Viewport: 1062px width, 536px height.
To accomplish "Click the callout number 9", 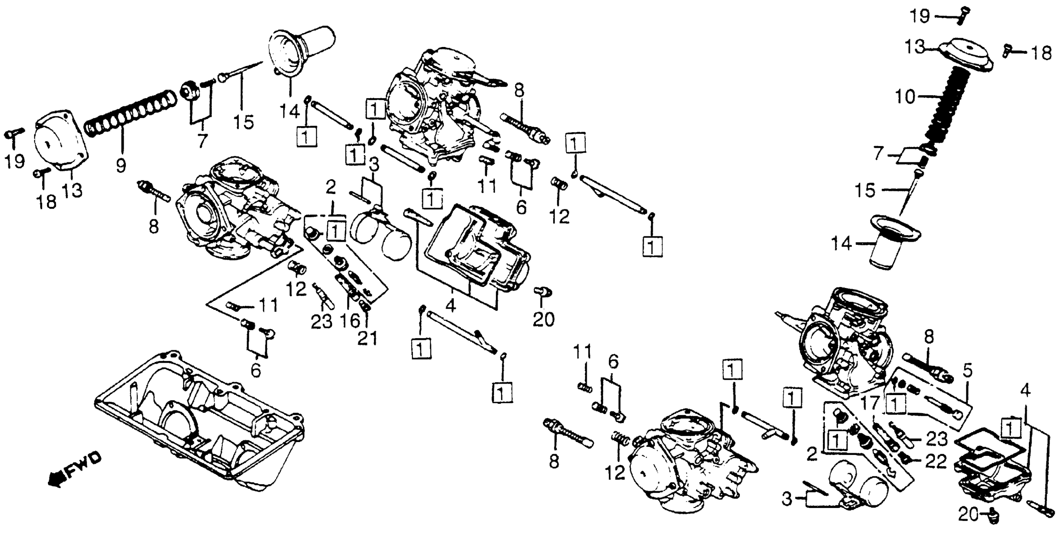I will [x=120, y=166].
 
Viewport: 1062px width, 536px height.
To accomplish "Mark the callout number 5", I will [x=967, y=371].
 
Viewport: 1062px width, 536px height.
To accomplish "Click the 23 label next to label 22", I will [x=937, y=440].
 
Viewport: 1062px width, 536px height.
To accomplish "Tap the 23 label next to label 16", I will [x=321, y=321].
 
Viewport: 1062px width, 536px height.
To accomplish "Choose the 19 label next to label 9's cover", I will [x=15, y=161].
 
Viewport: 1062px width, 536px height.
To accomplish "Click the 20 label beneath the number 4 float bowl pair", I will [x=543, y=319].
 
